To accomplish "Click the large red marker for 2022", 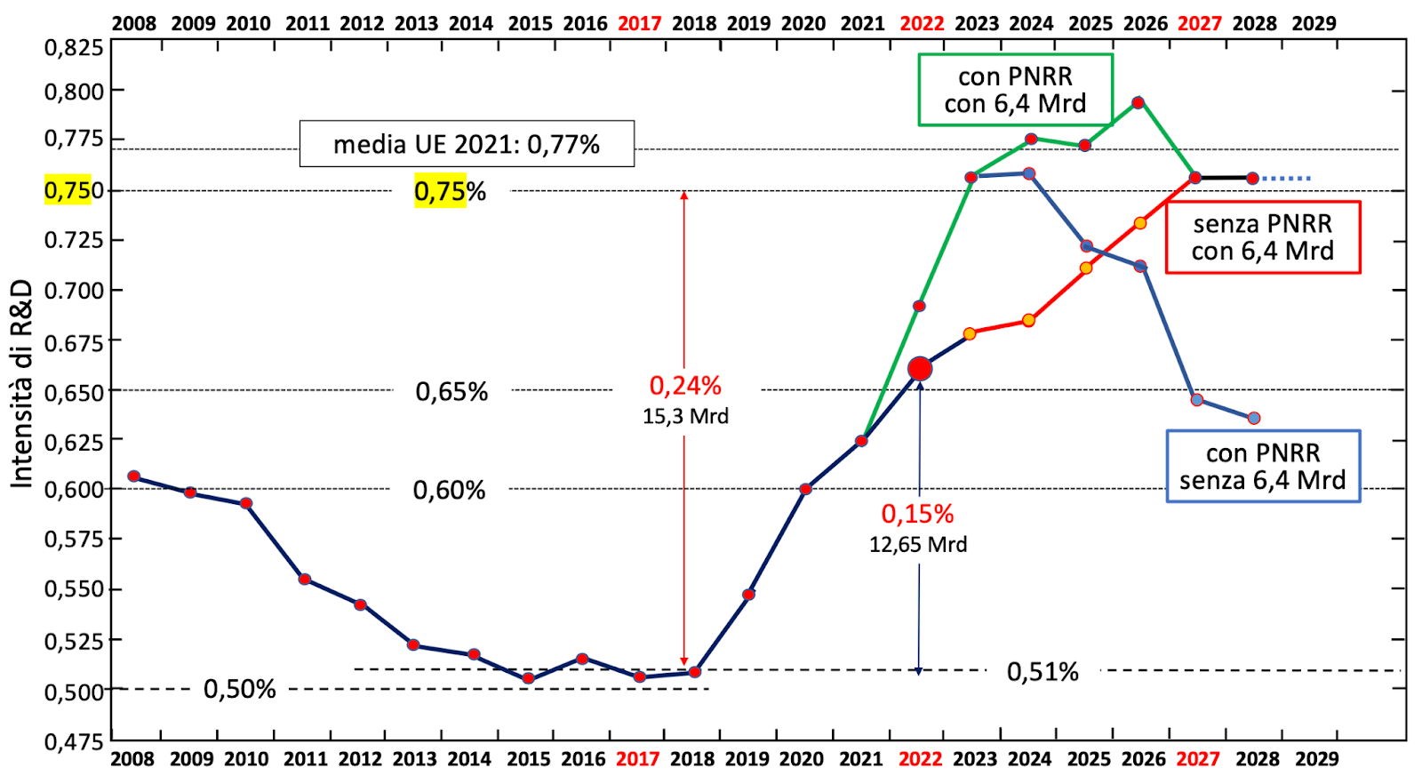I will pos(920,369).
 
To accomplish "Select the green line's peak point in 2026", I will pos(1138,103).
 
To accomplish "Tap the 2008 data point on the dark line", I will pos(134,476).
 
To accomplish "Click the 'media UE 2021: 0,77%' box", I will pos(467,144).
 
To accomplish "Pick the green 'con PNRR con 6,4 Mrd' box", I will pos(1015,90).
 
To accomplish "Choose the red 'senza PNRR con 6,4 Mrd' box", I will pos(1262,237).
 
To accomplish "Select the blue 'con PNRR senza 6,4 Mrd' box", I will pos(1262,467).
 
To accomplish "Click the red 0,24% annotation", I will pos(685,386).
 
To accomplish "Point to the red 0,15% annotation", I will pos(917,514).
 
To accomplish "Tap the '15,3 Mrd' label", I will pos(685,416).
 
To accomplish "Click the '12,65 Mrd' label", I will pos(917,544).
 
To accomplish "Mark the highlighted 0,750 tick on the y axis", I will pos(68,190).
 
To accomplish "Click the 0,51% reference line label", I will pos(1043,672).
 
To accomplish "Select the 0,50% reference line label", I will pos(240,689).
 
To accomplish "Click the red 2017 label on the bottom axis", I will pos(637,759).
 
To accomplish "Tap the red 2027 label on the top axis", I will pos(1199,23).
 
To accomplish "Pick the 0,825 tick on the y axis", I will pos(74,46).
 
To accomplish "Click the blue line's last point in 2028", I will pos(1253,418).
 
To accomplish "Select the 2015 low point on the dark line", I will pos(528,678).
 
